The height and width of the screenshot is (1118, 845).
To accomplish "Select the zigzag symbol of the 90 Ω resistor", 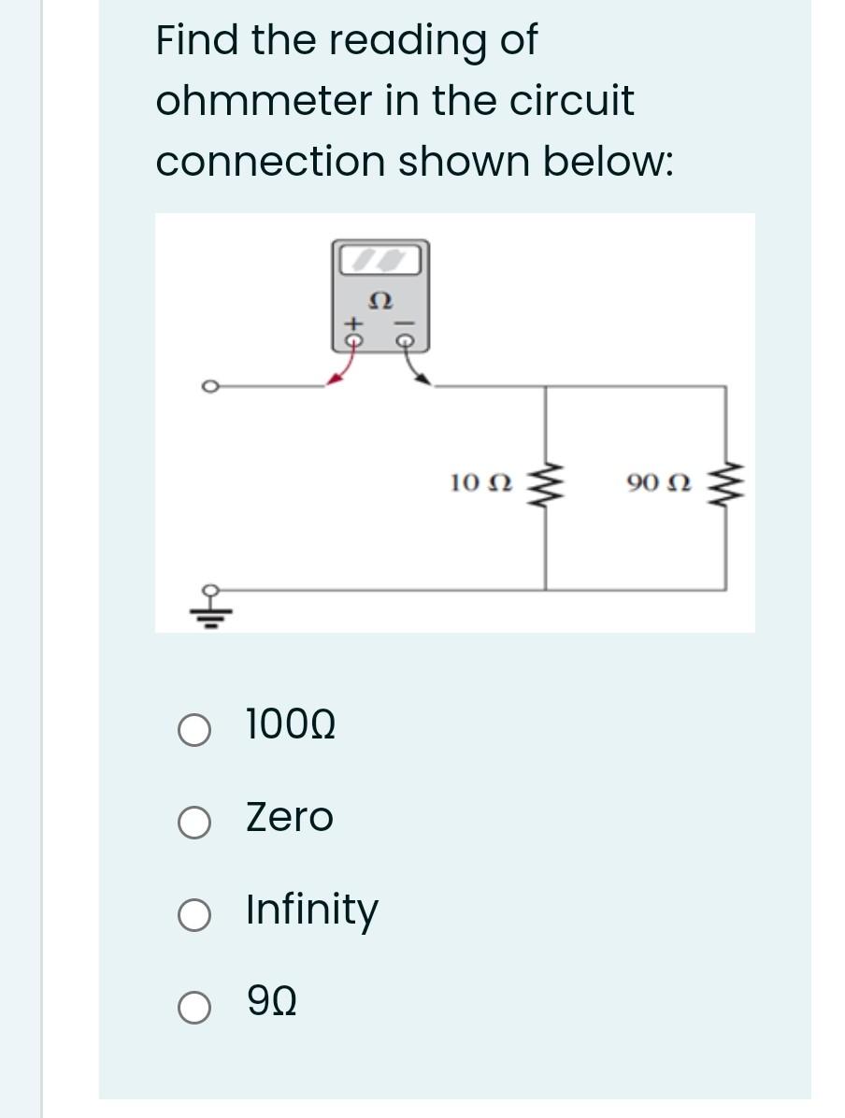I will tap(723, 484).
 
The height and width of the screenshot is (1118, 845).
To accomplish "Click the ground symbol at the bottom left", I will tap(211, 608).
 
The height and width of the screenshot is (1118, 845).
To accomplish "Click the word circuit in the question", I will tap(571, 101).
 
